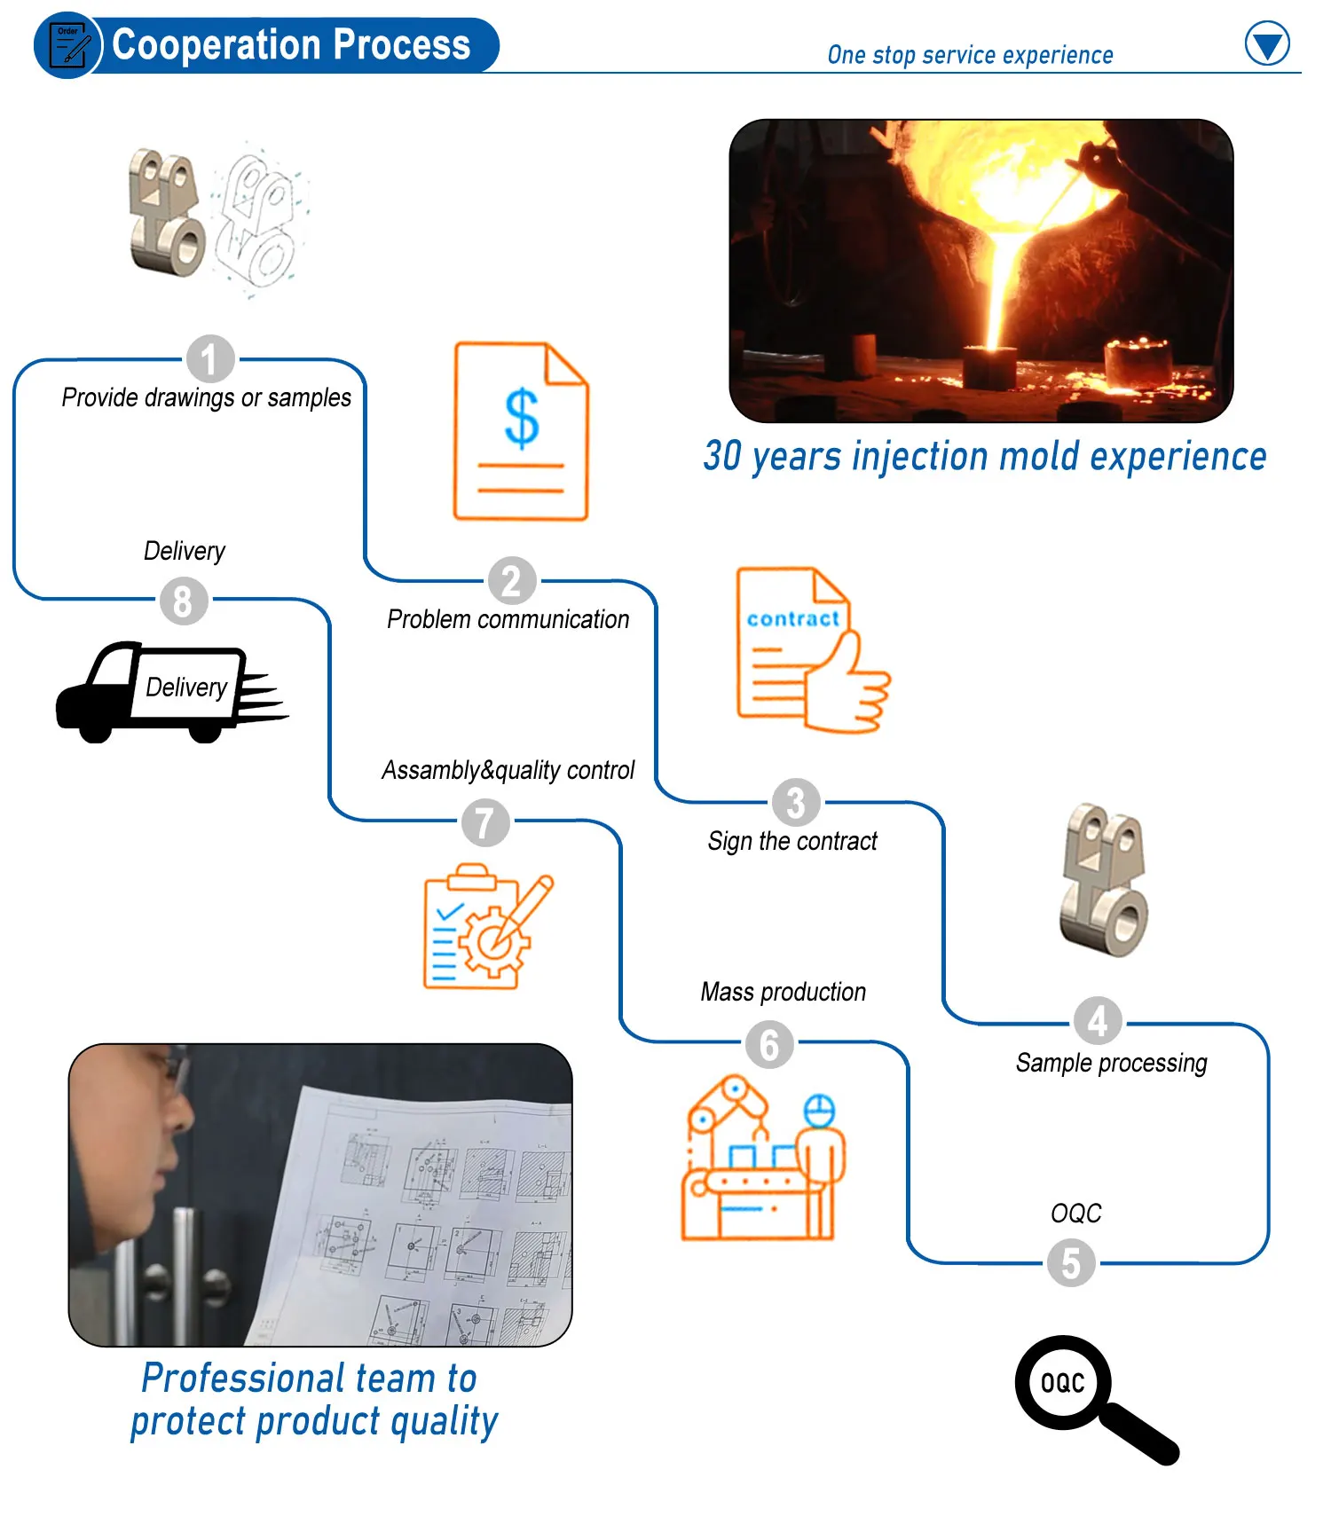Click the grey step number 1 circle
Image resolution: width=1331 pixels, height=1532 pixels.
coord(210,359)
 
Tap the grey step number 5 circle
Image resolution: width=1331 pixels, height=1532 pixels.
coord(1071,1263)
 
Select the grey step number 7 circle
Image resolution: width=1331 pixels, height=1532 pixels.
coord(485,821)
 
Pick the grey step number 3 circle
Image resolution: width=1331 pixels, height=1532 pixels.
coord(796,802)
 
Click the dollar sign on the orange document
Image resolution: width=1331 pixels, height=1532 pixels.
coord(522,418)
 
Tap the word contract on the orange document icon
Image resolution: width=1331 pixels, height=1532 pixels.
coord(792,618)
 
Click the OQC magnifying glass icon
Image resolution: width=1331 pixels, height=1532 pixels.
coord(1091,1397)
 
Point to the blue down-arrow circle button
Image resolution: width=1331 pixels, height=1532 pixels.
coord(1267,43)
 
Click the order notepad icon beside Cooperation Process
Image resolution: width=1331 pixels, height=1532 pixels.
coord(69,45)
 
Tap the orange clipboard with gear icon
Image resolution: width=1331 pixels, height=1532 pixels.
coord(484,927)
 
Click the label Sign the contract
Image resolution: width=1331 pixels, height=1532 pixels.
coord(792,841)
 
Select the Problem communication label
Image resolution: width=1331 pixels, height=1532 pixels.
coord(508,619)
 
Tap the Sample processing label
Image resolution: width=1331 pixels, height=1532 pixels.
coord(1111,1062)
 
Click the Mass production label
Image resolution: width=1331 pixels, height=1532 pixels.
coord(783,992)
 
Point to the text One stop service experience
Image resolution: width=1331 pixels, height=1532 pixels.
coord(970,55)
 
